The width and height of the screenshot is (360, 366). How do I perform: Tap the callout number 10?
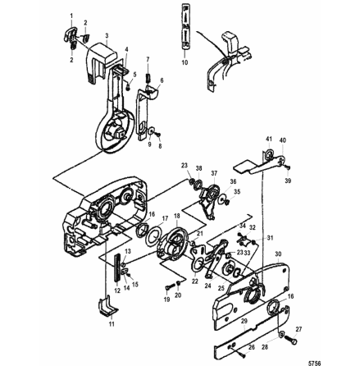pos(184,60)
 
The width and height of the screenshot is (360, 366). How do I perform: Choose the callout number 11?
pos(112,324)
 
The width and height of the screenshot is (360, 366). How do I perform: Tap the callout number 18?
pos(177,216)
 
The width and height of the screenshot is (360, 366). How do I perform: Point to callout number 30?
pos(278,254)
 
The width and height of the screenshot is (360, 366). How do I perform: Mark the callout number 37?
pos(213,173)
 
